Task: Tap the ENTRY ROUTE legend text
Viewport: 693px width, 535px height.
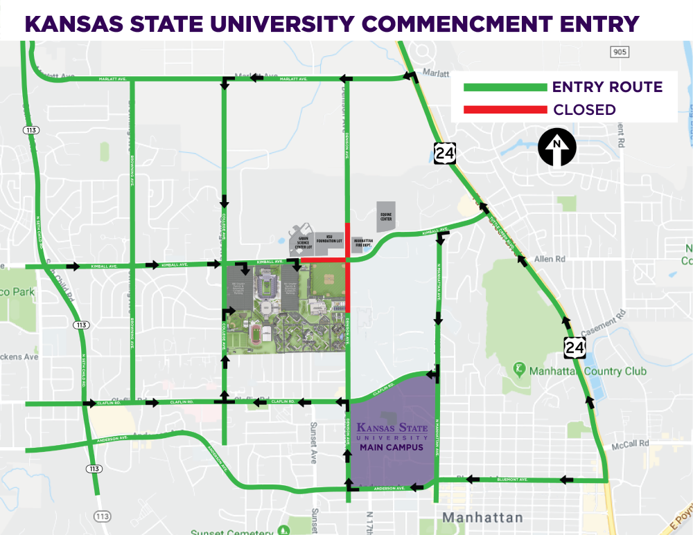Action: pos(607,87)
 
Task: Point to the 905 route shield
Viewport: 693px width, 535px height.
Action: pos(620,52)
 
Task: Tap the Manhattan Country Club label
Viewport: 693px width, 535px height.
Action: pos(588,371)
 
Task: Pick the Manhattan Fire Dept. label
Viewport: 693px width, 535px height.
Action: pos(363,242)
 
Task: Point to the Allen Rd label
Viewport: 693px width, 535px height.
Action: pos(550,259)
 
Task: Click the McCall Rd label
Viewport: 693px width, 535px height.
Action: pos(629,443)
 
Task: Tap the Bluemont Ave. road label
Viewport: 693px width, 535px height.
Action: pos(512,478)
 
